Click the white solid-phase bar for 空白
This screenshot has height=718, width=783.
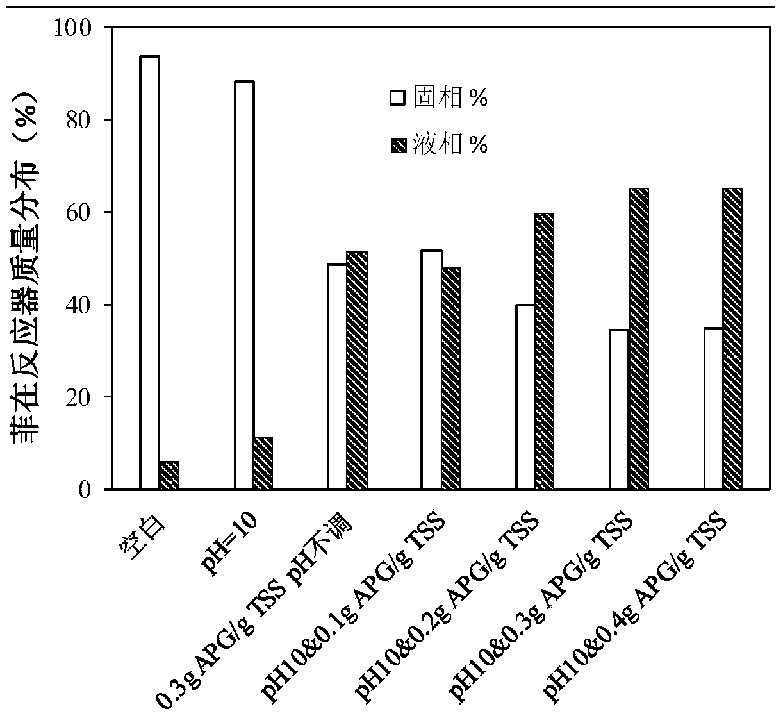(149, 272)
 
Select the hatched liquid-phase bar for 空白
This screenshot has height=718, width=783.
(169, 475)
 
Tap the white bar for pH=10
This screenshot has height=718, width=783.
(243, 285)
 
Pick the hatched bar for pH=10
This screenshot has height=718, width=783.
(263, 463)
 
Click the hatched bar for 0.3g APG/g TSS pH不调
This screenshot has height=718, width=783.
(357, 371)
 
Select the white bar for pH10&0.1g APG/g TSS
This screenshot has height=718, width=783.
(432, 370)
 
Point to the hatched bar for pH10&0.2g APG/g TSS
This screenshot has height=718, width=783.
(545, 351)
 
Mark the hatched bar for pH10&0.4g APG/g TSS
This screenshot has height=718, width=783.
(733, 338)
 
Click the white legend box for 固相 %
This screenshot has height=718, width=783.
(398, 99)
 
